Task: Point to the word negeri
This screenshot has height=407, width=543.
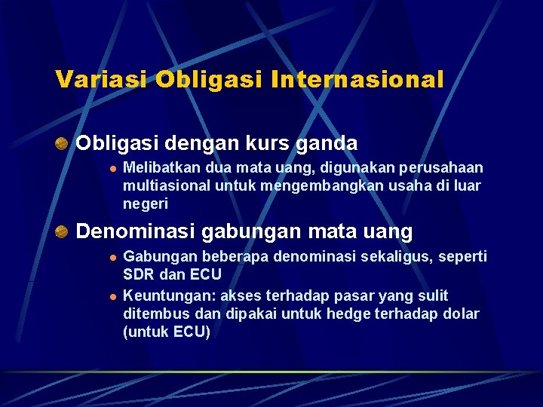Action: pos(146,203)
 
